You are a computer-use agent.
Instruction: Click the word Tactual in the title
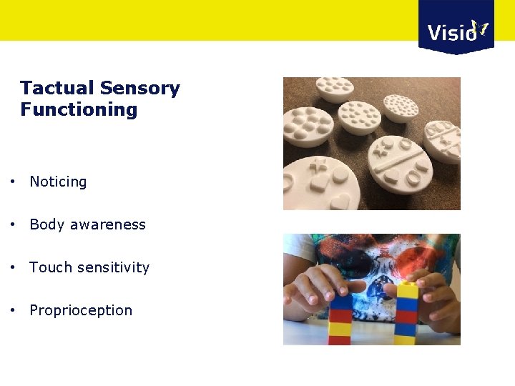click(57, 89)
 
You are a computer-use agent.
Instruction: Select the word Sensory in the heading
click(139, 89)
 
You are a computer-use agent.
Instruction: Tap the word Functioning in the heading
click(79, 110)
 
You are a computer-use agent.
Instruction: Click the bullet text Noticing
click(58, 182)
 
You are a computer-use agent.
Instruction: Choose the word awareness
click(107, 224)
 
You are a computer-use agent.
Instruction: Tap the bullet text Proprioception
click(81, 310)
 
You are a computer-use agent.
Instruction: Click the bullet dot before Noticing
click(14, 182)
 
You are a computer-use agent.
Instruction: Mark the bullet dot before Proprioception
click(14, 310)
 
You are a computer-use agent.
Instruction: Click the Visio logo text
click(451, 32)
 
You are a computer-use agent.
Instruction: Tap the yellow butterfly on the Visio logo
click(480, 29)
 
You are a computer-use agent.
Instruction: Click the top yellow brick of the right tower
click(407, 289)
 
